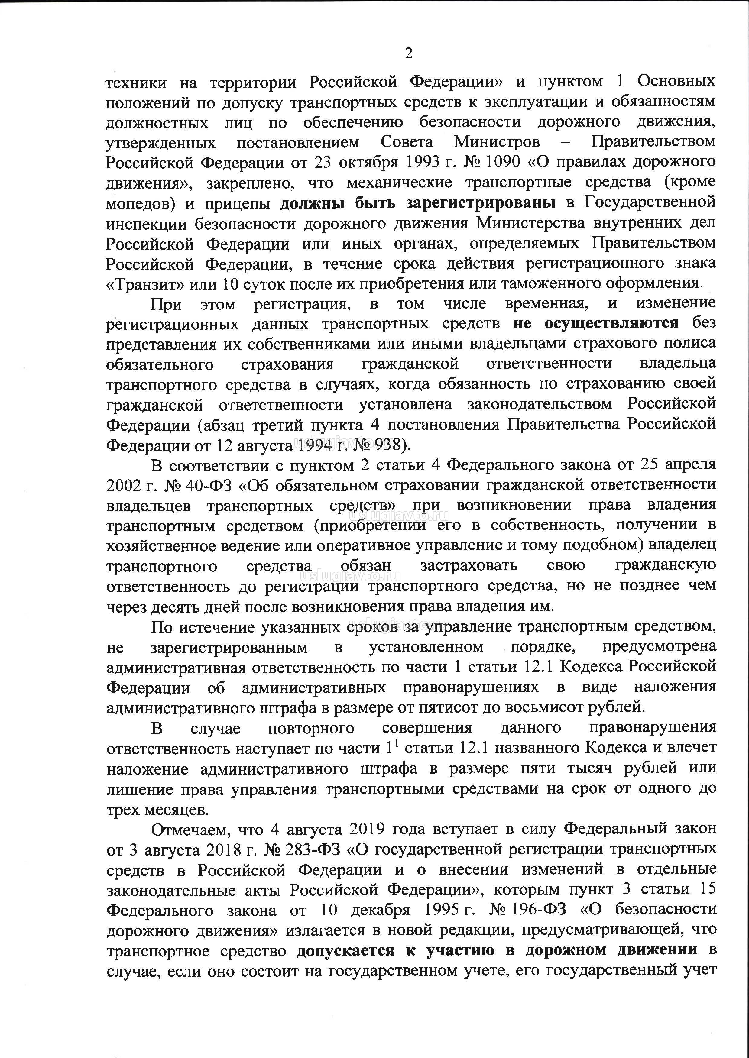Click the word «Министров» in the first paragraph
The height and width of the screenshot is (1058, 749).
coord(496,141)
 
